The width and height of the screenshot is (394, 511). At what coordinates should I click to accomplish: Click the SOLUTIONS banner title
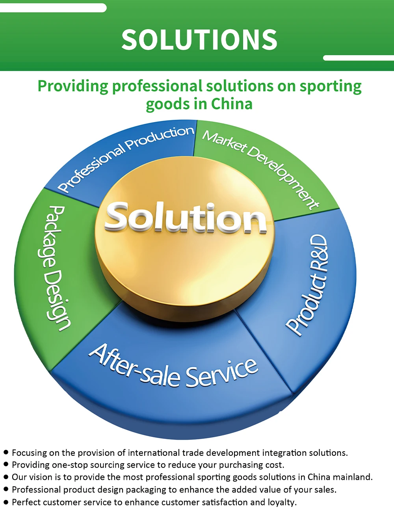[x=199, y=40]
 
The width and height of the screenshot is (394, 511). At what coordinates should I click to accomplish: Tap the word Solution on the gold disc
[x=185, y=217]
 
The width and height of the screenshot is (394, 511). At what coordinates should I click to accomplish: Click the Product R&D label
[x=308, y=285]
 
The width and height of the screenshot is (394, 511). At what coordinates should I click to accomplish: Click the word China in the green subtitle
[x=232, y=104]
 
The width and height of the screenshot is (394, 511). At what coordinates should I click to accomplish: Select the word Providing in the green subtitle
[x=72, y=86]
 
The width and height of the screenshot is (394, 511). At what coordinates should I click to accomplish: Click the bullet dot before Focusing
[x=6, y=452]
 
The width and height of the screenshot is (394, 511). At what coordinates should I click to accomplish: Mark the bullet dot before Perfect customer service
[x=6, y=502]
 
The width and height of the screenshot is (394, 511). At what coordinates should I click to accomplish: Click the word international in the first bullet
[x=154, y=453]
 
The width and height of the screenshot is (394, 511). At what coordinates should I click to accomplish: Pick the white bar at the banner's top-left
[x=53, y=7]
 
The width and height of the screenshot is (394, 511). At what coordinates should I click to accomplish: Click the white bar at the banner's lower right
[x=358, y=58]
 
